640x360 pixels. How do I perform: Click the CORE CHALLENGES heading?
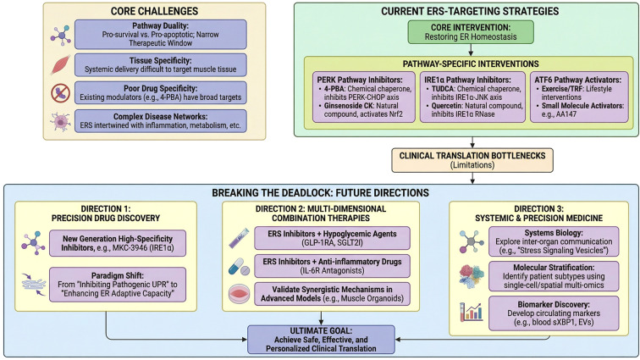pos(154,11)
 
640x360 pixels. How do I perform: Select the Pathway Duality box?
pos(160,35)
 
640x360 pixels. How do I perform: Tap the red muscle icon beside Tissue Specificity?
pos(60,64)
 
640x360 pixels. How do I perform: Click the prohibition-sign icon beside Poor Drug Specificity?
pos(60,93)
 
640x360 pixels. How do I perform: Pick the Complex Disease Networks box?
pos(160,121)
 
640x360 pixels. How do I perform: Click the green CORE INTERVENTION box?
pos(471,32)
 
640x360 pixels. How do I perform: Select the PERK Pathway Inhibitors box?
pos(364,97)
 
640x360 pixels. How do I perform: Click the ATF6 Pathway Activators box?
pos(579,97)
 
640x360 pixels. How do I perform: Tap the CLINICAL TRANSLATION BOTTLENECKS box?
pos(472,160)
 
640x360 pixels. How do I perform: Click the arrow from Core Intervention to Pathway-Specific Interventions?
pos(471,49)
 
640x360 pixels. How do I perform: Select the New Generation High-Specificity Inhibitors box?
pos(118,243)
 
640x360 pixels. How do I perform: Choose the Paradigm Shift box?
pos(118,285)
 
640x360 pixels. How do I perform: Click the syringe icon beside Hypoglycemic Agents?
pos(239,238)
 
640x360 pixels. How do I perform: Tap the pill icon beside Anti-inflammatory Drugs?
pos(239,267)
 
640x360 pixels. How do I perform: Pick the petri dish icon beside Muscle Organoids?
pos(240,294)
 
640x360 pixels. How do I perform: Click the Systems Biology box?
pos(554,241)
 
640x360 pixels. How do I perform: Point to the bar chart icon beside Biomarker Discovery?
pos(471,312)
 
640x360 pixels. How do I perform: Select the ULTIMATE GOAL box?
pos(321,339)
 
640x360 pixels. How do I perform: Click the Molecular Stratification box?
pos(554,276)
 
